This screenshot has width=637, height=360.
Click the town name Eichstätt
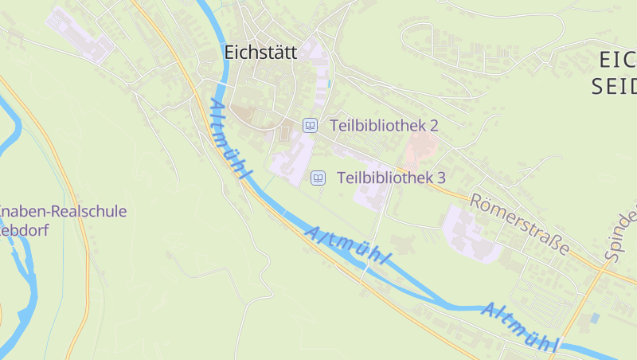(260, 53)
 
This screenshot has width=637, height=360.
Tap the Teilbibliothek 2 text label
(384, 125)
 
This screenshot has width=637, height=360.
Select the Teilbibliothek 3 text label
(391, 178)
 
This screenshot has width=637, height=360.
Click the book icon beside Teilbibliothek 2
(310, 125)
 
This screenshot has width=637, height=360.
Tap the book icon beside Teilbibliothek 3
(318, 178)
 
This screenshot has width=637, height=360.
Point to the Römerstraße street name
(519, 224)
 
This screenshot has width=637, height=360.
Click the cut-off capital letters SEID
(614, 87)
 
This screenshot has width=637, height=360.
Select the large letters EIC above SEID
(616, 58)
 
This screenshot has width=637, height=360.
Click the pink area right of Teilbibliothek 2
(420, 148)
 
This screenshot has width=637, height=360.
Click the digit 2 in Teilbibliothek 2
(434, 125)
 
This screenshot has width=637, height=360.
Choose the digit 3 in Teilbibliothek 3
(440, 178)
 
